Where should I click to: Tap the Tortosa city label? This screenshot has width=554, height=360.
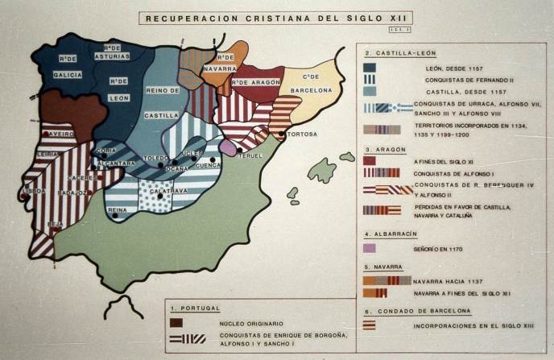[302, 133]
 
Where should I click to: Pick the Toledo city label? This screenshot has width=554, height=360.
[155, 158]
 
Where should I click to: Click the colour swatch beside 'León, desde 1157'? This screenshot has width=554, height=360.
[370, 68]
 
